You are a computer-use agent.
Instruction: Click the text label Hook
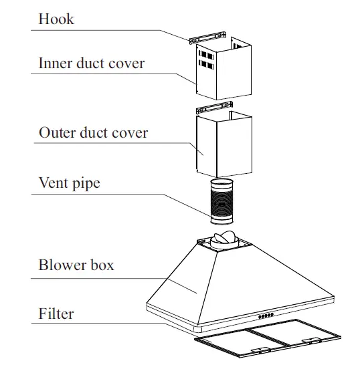click(56, 19)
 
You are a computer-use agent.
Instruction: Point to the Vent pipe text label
click(69, 182)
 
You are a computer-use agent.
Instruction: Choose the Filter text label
click(56, 313)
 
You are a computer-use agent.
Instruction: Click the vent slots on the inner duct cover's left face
click(203, 62)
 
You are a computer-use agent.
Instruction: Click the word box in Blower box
click(101, 265)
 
